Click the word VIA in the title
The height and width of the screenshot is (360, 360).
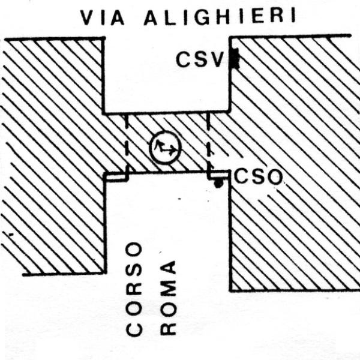[102, 17]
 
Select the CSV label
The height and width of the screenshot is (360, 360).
[200, 59]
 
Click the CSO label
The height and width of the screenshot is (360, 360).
[258, 177]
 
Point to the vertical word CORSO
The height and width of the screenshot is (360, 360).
[134, 289]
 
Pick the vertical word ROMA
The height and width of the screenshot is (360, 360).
[168, 298]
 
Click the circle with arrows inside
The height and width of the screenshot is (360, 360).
[166, 148]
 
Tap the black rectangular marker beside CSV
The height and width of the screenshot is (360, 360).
[235, 59]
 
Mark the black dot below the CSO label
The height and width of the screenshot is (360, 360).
[218, 183]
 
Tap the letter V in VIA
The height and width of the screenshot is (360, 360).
[88, 17]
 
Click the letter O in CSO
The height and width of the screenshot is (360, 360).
[274, 177]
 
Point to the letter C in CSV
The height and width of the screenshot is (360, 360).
[184, 59]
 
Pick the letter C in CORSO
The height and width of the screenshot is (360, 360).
[134, 329]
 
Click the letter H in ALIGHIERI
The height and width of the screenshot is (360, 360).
[222, 17]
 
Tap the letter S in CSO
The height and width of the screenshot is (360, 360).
[257, 177]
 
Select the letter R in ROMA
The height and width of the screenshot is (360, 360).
[168, 328]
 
